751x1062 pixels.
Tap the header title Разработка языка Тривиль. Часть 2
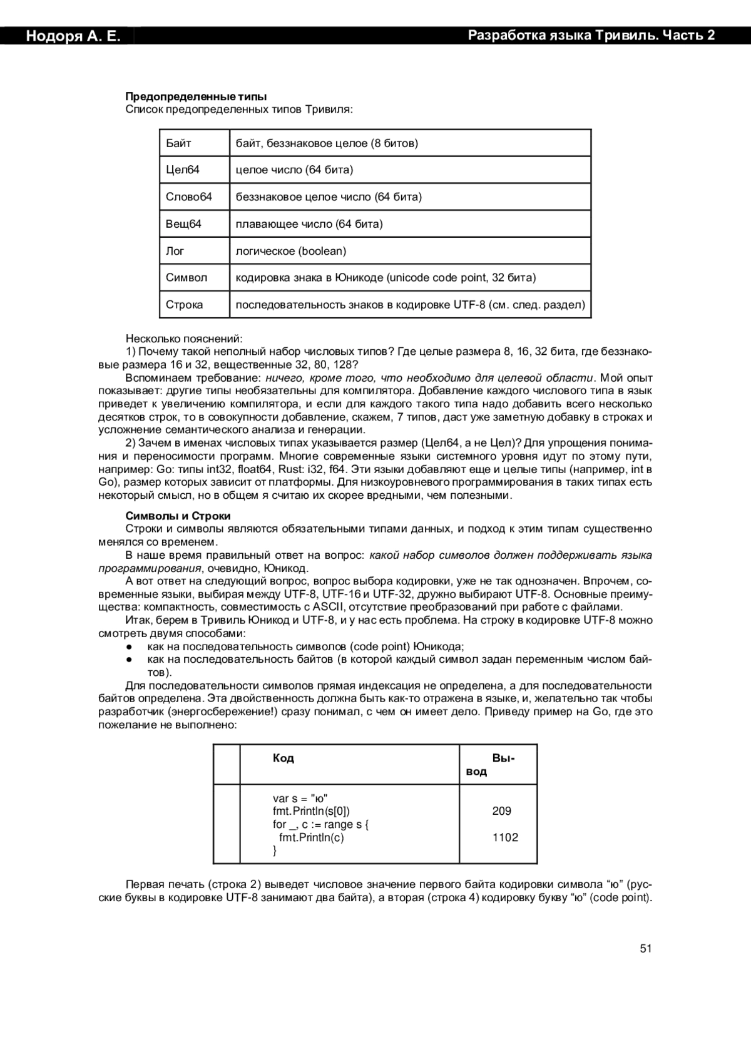[591, 36]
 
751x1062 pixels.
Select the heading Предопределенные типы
[196, 96]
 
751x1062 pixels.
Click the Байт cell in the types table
[179, 143]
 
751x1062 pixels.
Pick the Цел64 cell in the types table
[183, 170]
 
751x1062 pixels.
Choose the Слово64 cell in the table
[189, 197]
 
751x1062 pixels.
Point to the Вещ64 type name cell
[183, 224]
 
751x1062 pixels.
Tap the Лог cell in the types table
[175, 251]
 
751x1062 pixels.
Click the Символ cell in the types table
[186, 278]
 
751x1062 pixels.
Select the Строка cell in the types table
[185, 305]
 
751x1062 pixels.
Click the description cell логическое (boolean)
[291, 251]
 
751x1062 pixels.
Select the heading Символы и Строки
[178, 516]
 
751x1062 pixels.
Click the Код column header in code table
[284, 758]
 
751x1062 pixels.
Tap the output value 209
[502, 812]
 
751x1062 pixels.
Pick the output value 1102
[505, 838]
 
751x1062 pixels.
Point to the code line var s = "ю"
[300, 799]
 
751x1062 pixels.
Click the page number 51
[646, 949]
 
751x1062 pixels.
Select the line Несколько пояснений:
[183, 339]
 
